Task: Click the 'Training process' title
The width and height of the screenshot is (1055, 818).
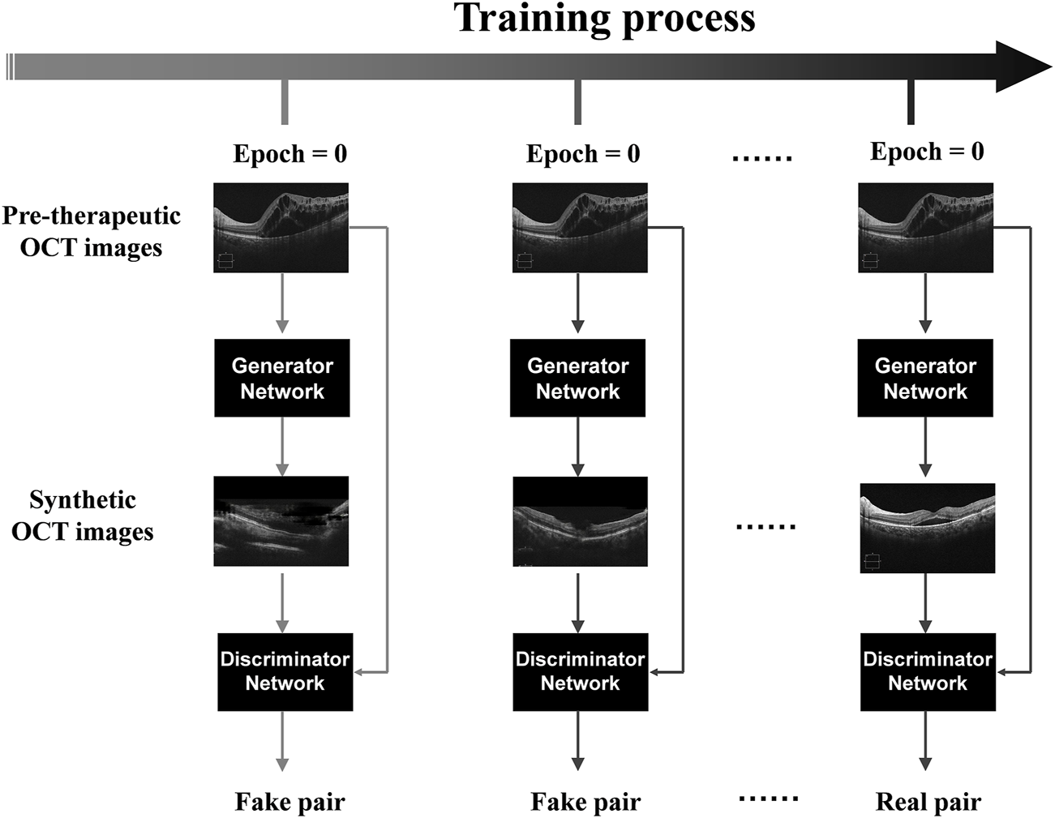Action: click(604, 19)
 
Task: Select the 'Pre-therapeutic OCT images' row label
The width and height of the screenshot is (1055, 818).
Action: click(91, 231)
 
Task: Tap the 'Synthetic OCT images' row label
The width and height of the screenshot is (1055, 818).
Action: click(83, 516)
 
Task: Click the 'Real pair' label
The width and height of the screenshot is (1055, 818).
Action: click(928, 802)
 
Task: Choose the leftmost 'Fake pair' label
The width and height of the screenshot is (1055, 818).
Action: click(289, 802)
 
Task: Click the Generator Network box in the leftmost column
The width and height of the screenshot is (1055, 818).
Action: click(282, 379)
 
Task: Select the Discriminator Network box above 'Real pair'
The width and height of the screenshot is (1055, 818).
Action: click(927, 671)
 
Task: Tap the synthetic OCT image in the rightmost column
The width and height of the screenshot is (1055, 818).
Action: click(927, 529)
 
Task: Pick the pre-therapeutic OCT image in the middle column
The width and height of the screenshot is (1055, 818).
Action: click(580, 227)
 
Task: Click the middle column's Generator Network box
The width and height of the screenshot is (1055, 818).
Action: click(577, 379)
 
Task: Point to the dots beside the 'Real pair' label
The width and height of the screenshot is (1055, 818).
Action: click(768, 799)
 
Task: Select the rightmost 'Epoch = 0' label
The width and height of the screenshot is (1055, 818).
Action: click(927, 152)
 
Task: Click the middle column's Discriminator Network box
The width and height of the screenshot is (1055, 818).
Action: click(580, 671)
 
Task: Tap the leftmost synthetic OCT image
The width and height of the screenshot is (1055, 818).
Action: click(281, 521)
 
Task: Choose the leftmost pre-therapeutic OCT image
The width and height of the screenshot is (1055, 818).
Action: click(281, 227)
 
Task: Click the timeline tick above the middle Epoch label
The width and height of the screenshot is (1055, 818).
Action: click(577, 102)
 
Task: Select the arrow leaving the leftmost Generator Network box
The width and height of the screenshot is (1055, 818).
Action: click(282, 447)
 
